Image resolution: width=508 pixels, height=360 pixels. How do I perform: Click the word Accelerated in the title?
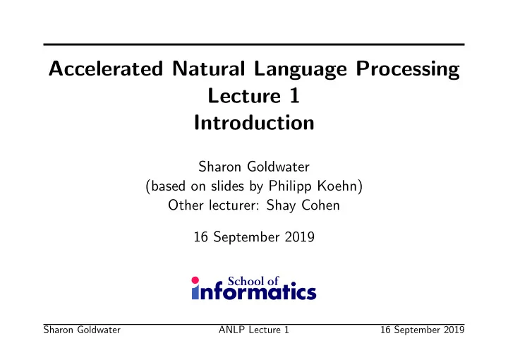pos(106,68)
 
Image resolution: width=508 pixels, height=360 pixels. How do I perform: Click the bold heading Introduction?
pos(254,123)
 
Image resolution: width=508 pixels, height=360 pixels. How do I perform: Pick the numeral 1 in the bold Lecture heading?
pos(295,96)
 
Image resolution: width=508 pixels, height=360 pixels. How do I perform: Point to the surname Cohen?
pos(320,205)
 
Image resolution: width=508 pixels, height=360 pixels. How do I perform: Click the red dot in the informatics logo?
pos(195,280)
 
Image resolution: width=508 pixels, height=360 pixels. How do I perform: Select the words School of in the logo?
pos(253,281)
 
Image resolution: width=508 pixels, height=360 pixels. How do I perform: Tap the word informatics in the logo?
pos(254,292)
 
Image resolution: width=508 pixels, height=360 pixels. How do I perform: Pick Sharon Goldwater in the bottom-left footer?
pos(82,330)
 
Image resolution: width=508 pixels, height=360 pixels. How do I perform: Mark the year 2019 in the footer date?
pos(454,330)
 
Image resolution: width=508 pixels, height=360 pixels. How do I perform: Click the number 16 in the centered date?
pos(200,237)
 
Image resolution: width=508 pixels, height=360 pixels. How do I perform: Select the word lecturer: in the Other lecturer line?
pos(234,205)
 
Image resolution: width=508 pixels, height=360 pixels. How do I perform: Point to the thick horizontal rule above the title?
pos(254,44)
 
